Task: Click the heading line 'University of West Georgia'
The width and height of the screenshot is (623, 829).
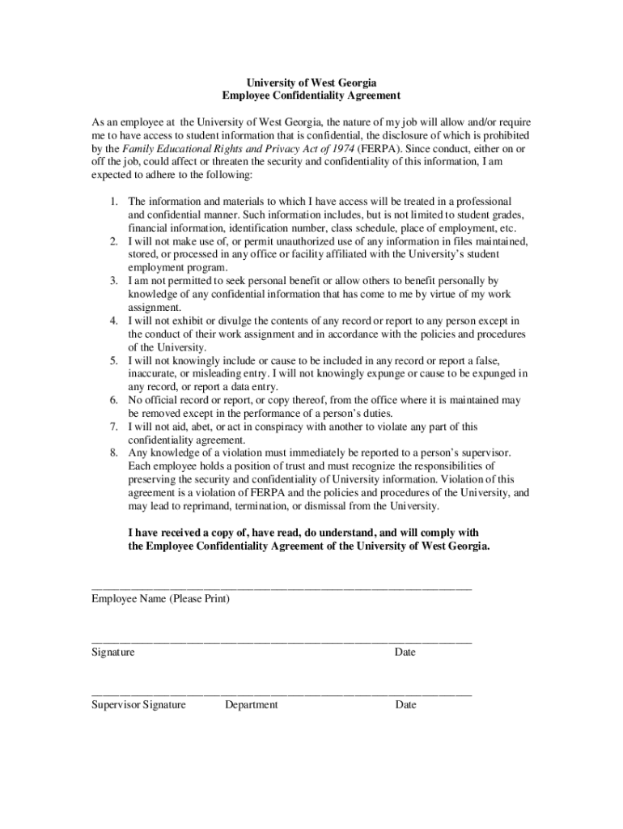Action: click(x=311, y=83)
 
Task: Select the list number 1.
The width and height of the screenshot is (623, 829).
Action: click(x=116, y=201)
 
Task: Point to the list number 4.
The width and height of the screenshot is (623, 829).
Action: click(x=116, y=321)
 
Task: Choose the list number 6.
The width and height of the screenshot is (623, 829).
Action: click(x=116, y=400)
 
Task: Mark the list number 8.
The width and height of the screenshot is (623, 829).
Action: click(x=116, y=453)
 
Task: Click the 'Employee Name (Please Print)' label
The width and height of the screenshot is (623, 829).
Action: click(x=160, y=599)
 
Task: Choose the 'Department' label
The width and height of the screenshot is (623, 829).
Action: click(x=251, y=704)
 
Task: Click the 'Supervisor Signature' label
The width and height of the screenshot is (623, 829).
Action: click(x=138, y=704)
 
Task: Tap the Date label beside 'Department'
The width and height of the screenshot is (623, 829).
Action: click(x=405, y=704)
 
